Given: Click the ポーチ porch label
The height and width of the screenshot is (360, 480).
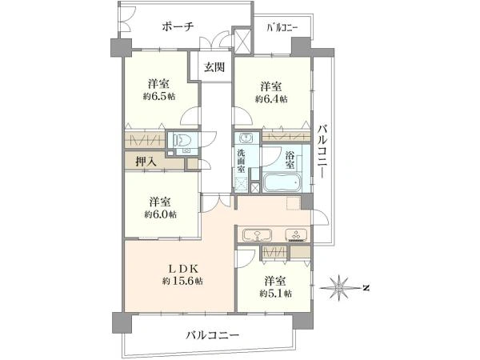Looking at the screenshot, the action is pos(178,27).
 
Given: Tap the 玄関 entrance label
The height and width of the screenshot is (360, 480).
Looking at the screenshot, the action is pos(214,67).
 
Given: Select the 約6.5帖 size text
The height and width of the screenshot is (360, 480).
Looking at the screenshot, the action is pos(159,97).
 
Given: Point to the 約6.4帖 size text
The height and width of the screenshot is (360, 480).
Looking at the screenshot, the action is pos(271,99).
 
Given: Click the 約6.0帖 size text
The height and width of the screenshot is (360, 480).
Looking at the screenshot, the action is pos(161,214).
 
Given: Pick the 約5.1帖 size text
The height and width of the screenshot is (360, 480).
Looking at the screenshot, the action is pos(275,294).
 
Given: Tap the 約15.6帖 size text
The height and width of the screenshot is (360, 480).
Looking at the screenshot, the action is pos(182,281).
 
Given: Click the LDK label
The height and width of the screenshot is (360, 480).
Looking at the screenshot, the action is pos(182,269).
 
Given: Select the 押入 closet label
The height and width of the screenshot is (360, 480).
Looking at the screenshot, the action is pos(146,162).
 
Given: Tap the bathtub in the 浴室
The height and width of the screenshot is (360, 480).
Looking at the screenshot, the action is pos(282,182).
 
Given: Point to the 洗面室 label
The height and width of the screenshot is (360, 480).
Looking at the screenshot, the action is pos(242,161).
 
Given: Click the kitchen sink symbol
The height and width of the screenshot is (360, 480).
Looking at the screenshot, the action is pos(257,235).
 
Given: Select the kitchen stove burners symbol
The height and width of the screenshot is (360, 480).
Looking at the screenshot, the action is pos(296,235).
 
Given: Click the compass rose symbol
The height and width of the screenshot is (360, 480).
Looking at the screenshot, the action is pos(340,288).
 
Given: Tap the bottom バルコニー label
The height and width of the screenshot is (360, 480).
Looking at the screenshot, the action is pos(213,335).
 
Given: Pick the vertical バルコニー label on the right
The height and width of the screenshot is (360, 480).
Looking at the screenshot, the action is pos(322,151).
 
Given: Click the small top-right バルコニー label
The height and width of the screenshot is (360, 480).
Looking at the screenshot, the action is pos(282,28).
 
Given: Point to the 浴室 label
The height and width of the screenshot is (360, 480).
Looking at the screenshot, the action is pos(290,159).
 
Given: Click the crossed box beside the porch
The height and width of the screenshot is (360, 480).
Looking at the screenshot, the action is pos(242,41).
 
